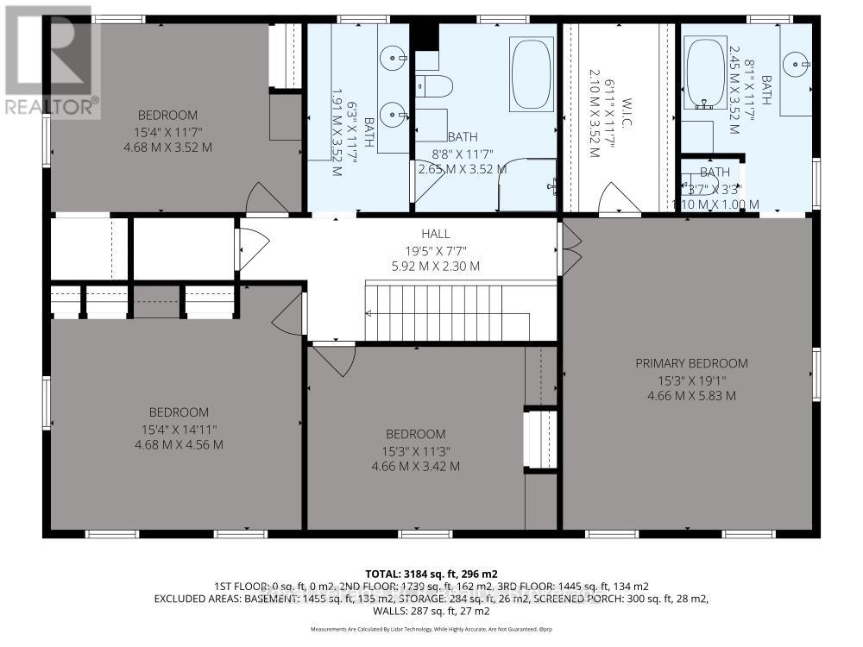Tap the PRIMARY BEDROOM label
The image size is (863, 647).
tap(691, 363)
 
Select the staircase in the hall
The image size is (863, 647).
tap(446, 313)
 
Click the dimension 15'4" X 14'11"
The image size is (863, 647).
tap(179, 429)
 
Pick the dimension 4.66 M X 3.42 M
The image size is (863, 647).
tap(415, 467)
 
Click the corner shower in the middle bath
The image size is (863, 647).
tap(527, 184)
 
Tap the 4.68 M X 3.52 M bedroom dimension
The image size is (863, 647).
tap(167, 148)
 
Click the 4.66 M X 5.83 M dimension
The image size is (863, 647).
tap(691, 396)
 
